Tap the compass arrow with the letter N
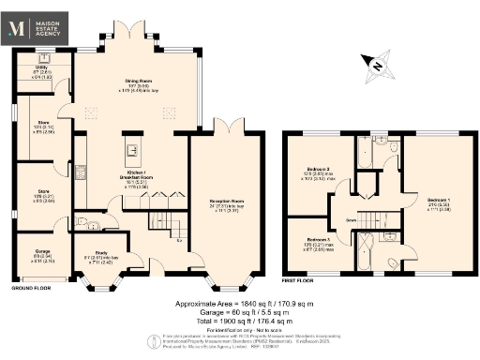pos(373,65)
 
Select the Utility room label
pos(41,68)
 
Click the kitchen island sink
pos(131,149)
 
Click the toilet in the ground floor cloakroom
pos(84,223)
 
